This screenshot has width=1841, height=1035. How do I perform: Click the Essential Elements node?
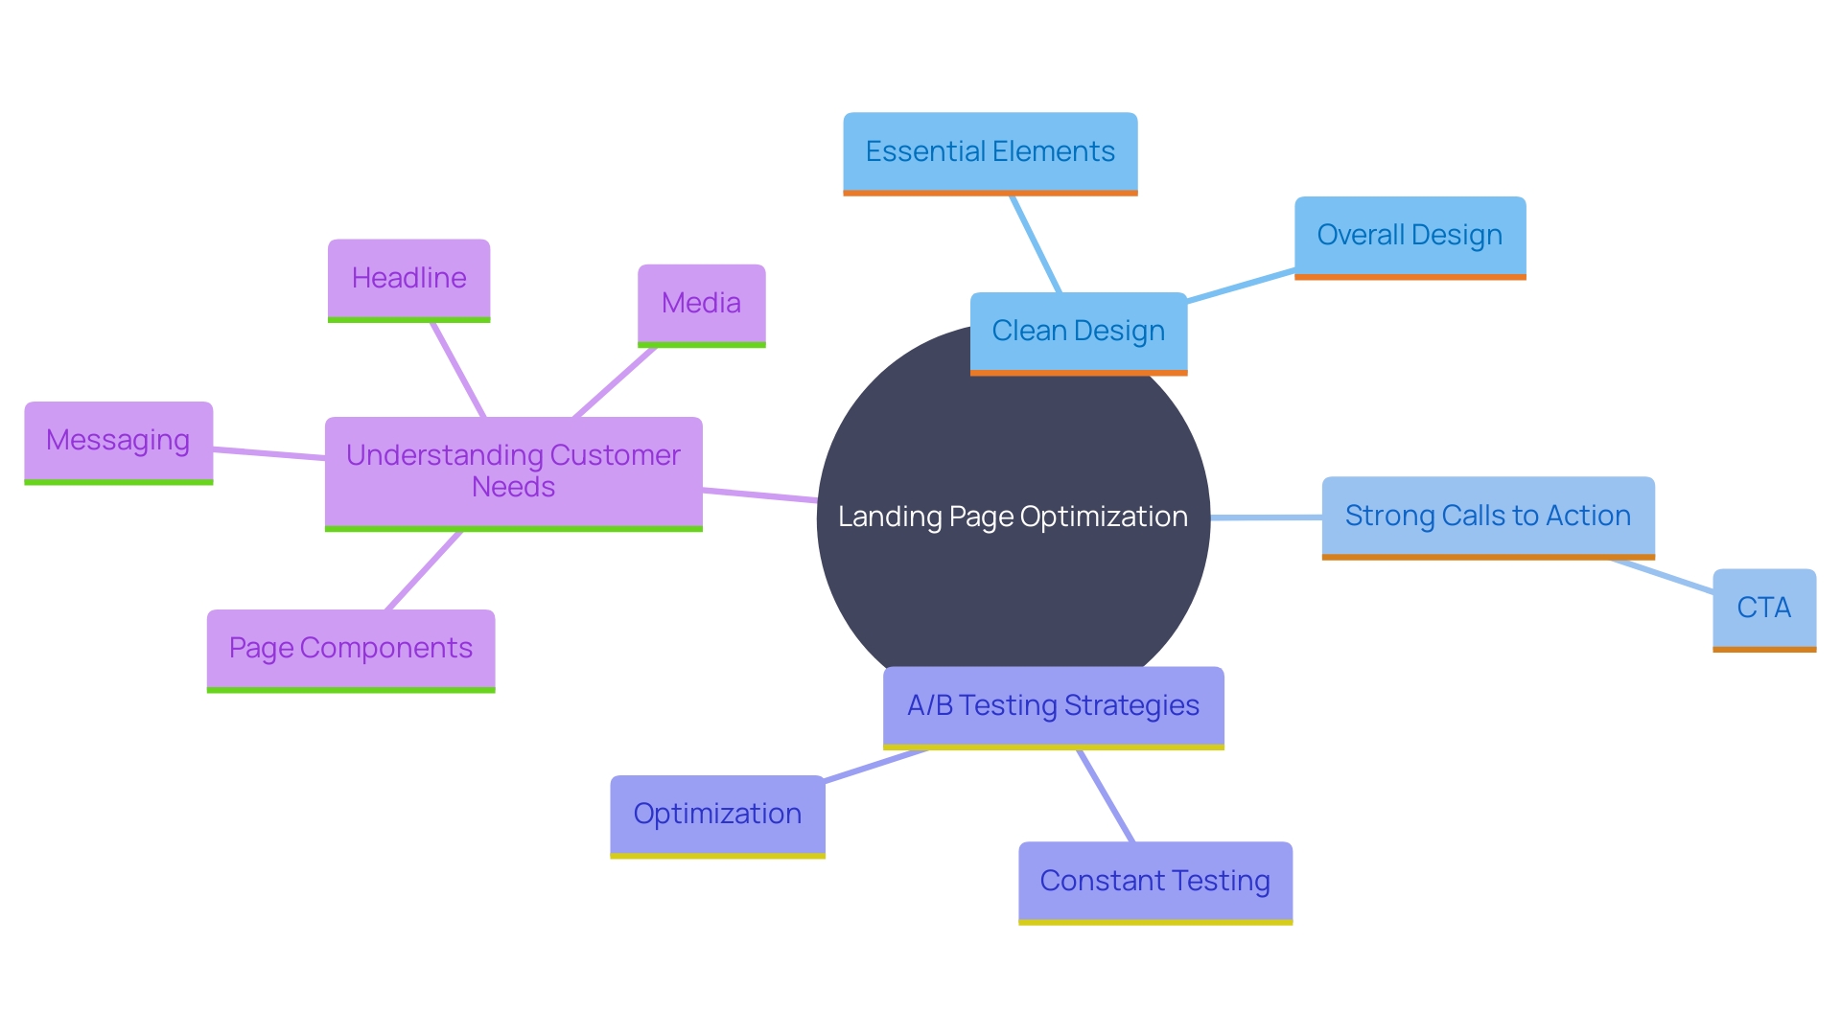tap(990, 152)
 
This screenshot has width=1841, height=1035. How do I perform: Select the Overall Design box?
tap(1410, 236)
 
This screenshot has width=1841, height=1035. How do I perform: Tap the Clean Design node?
tap(1078, 332)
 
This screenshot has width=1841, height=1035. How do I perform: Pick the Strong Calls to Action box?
tap(1487, 517)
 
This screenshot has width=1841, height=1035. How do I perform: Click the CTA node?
tap(1763, 609)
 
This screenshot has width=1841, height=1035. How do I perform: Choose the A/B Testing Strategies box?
tap(1053, 706)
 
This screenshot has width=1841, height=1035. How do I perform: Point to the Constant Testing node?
tap(1154, 882)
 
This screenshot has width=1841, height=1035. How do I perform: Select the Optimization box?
tap(717, 815)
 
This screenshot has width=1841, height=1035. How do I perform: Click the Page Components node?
tap(350, 649)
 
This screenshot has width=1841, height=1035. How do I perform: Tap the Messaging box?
tap(118, 441)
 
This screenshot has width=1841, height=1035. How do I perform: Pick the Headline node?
tap(408, 279)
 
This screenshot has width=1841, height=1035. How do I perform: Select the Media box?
tap(701, 304)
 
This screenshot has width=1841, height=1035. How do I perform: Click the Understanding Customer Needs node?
tap(513, 471)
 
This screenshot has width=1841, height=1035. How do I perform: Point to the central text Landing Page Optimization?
tap(1013, 517)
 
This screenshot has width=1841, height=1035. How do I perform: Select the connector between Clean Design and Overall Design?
tap(1241, 287)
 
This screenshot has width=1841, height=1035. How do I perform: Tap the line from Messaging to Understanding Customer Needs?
tap(268, 453)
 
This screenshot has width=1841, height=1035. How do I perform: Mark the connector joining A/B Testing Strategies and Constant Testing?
tap(1106, 795)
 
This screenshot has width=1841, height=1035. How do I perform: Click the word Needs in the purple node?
tap(513, 487)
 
